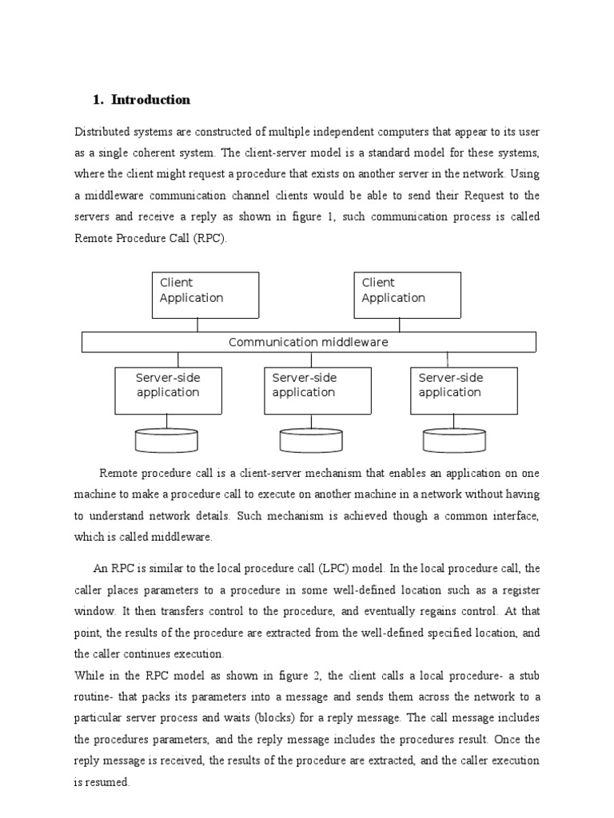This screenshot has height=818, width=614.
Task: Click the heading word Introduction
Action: coord(151,100)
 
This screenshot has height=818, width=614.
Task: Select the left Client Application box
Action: coord(205,295)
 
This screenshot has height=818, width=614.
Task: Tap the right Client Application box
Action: coord(407,295)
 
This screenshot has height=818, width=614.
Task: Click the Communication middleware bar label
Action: coord(309,343)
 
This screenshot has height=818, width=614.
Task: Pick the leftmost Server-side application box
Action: coord(168,391)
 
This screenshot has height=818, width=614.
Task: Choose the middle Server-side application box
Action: coord(317,391)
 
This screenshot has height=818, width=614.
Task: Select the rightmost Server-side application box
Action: coord(464,391)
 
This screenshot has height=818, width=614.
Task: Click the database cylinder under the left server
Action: coord(168,440)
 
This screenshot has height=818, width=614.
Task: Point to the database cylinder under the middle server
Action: coord(311,440)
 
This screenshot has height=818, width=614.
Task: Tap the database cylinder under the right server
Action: coord(455,440)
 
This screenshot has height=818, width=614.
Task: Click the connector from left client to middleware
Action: coord(197,325)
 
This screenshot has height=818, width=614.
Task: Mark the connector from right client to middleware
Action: coord(400,325)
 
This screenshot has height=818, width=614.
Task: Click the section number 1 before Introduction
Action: coord(97,100)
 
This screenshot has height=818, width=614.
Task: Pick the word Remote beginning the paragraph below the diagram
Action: coord(118,473)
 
